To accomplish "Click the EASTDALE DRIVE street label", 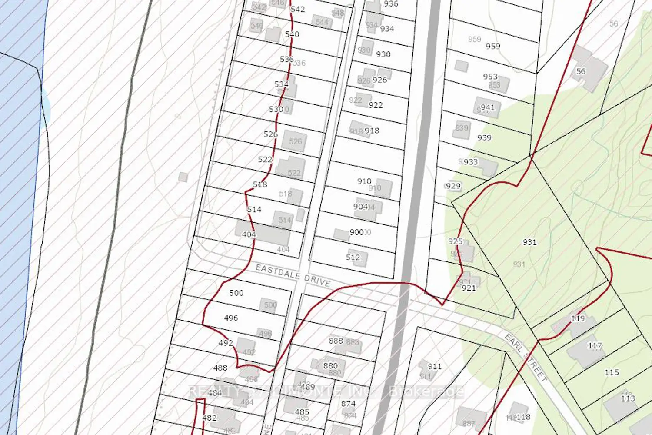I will tap(293, 275).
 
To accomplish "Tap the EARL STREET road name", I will tap(526, 358).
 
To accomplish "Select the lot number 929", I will tap(453, 186).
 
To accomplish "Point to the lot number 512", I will tap(353, 257).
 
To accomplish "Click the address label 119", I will tap(578, 318).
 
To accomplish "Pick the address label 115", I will tap(612, 372).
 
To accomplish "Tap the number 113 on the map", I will tap(628, 398).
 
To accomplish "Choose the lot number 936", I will tap(391, 4).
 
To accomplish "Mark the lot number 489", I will tap(307, 387).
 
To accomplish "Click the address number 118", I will tap(523, 417).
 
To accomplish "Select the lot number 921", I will tap(469, 288).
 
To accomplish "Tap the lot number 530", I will tap(276, 109).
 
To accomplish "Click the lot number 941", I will tap(488, 107).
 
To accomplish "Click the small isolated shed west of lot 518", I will tap(183, 177).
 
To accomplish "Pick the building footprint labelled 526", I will tap(295, 141).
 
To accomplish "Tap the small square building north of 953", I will tap(461, 66).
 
